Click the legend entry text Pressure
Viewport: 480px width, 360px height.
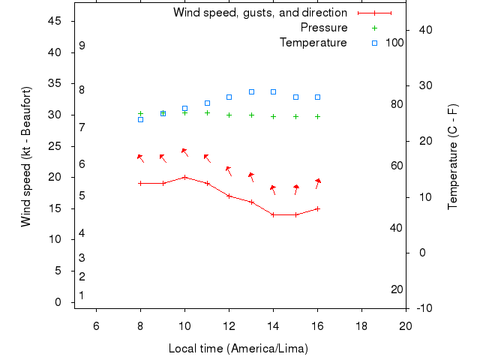click(324, 28)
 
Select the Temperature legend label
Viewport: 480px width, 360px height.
click(313, 43)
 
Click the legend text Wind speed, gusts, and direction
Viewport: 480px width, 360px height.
click(260, 13)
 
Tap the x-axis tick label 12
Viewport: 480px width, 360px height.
click(229, 325)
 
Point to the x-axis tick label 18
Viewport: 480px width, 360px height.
click(361, 325)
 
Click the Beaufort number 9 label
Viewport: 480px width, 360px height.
click(82, 46)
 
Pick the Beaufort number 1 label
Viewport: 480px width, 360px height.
click(82, 295)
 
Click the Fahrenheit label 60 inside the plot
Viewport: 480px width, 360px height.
click(397, 166)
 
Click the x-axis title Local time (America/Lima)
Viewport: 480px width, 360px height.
click(238, 349)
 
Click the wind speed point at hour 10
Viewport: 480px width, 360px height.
click(184, 177)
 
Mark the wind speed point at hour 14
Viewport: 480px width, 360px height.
click(273, 214)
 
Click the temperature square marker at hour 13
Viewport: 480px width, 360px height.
click(251, 91)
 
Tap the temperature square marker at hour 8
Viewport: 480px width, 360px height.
click(140, 119)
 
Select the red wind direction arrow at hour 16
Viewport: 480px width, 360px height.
click(317, 183)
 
